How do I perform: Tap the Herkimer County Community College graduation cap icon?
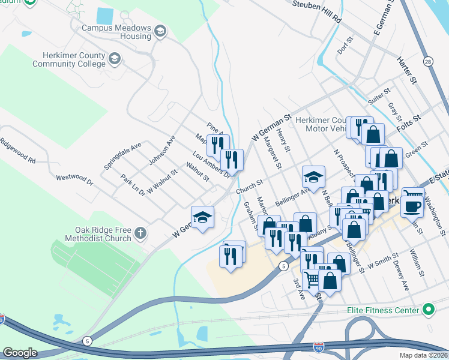pos(115,58)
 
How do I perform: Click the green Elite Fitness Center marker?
pos(428,310)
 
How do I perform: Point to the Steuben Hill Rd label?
pos(317,12)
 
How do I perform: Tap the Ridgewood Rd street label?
pos(17,152)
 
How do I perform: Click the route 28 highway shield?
pos(428,61)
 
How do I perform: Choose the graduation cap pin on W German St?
pos(203,218)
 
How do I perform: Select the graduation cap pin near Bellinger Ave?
pos(313,178)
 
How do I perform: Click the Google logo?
pos(20,352)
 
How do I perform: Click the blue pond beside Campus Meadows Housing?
pos(104,15)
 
